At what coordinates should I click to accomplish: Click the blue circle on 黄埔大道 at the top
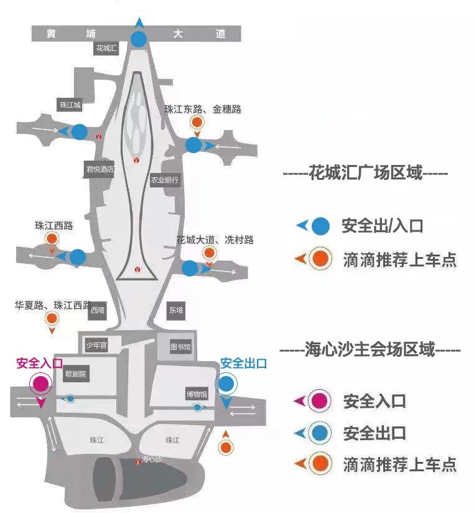139,39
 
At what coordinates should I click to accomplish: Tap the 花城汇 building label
106,48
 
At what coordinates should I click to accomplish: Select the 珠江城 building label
71,105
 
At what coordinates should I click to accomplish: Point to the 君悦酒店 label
100,169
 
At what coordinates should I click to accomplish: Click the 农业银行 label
165,181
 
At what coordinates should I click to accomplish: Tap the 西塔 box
98,310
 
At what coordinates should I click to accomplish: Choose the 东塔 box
176,310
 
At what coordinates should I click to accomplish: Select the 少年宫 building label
96,345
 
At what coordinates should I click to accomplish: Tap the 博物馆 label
196,393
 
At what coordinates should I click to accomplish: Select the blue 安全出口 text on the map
244,363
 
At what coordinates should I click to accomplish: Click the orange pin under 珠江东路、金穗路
197,124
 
